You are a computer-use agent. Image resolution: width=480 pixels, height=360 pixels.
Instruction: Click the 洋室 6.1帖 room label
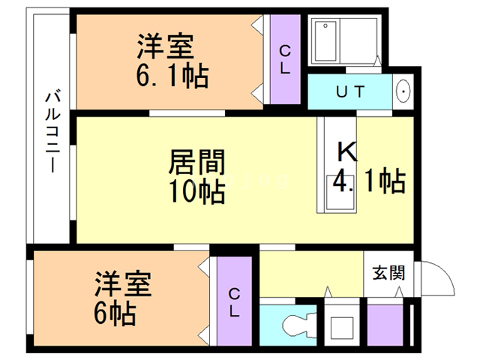[x=172, y=60]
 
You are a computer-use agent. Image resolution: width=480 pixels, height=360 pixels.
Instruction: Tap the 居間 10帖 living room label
[x=197, y=177]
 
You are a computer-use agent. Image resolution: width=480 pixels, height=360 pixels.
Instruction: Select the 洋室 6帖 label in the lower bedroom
[x=123, y=298]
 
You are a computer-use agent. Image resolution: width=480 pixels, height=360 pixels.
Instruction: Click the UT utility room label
[x=350, y=91]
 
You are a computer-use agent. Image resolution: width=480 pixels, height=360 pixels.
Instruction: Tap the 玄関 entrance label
[x=388, y=273]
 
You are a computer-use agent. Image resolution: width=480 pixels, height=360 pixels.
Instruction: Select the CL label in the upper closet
[x=285, y=60]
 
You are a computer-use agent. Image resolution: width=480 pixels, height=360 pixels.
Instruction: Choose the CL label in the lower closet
[x=234, y=303]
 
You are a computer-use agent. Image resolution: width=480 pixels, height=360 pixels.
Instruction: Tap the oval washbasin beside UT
[x=403, y=91]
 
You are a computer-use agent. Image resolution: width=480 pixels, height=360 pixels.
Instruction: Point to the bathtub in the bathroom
[x=325, y=41]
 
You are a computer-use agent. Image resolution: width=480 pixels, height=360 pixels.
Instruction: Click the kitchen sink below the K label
[x=340, y=193]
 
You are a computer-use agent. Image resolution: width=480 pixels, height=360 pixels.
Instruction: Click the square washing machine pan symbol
[x=342, y=328]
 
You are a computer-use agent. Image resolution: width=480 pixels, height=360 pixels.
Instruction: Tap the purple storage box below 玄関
[x=385, y=325]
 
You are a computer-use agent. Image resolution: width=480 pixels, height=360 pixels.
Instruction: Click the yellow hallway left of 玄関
[x=311, y=274]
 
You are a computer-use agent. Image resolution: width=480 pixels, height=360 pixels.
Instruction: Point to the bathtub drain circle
[x=325, y=26]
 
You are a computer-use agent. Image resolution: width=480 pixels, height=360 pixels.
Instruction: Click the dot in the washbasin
[x=403, y=91]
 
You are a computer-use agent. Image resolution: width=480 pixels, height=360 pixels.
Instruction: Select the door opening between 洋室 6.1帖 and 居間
[x=187, y=113]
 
